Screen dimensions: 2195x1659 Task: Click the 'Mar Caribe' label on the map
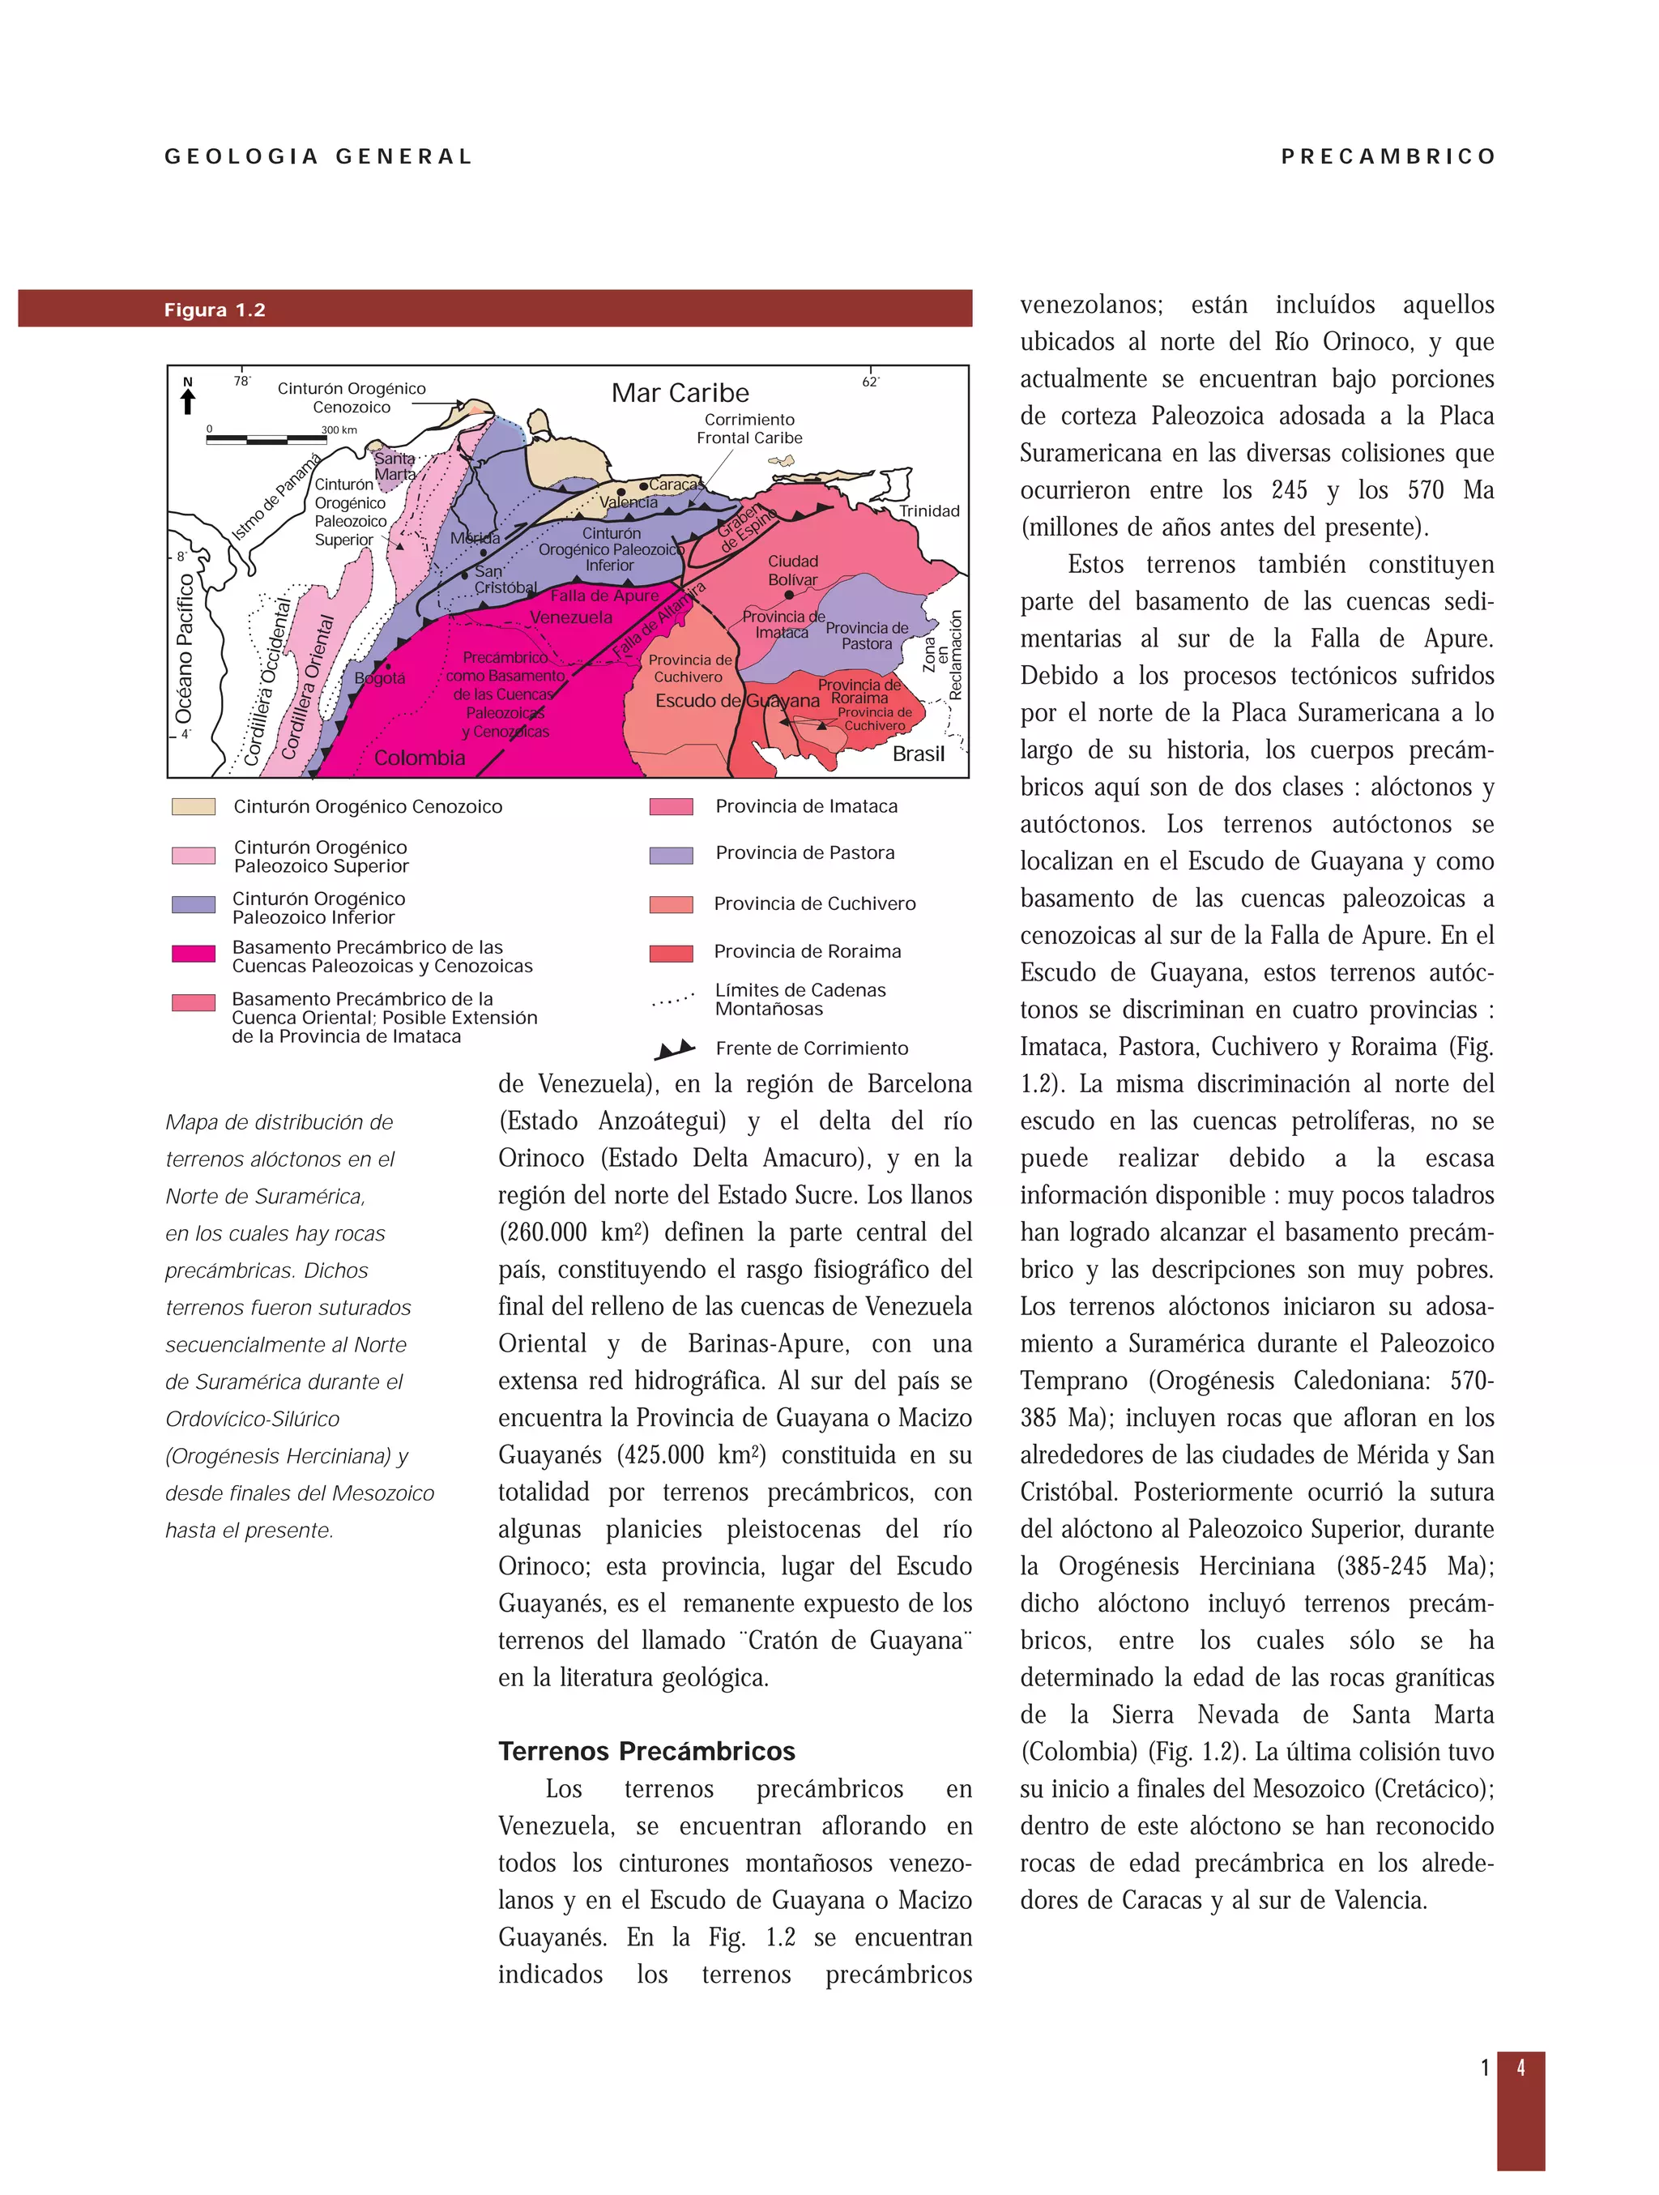pos(680,393)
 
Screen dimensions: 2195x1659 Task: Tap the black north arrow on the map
pos(188,400)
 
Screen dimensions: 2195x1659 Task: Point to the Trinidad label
pos(928,511)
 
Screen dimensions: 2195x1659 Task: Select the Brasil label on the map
pos(918,754)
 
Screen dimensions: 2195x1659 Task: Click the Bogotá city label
pos(379,677)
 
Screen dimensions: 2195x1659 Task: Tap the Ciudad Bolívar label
pos(793,570)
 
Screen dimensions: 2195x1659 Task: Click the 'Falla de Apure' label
pos(604,596)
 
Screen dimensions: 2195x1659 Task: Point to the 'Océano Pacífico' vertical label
pos(184,649)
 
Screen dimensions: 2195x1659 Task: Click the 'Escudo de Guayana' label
pos(737,701)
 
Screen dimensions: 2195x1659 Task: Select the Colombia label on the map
pos(419,758)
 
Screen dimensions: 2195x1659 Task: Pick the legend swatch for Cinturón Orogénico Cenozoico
pos(194,807)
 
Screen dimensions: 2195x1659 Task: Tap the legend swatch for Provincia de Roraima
pos(671,954)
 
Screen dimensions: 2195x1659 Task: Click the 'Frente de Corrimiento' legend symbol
pos(675,1048)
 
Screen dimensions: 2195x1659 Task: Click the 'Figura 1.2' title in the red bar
pos(215,310)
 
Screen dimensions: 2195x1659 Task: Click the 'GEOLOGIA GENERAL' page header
pos(318,157)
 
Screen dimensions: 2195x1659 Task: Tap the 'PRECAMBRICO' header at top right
pos(1387,157)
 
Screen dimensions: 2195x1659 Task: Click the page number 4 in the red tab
pos(1520,2068)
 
